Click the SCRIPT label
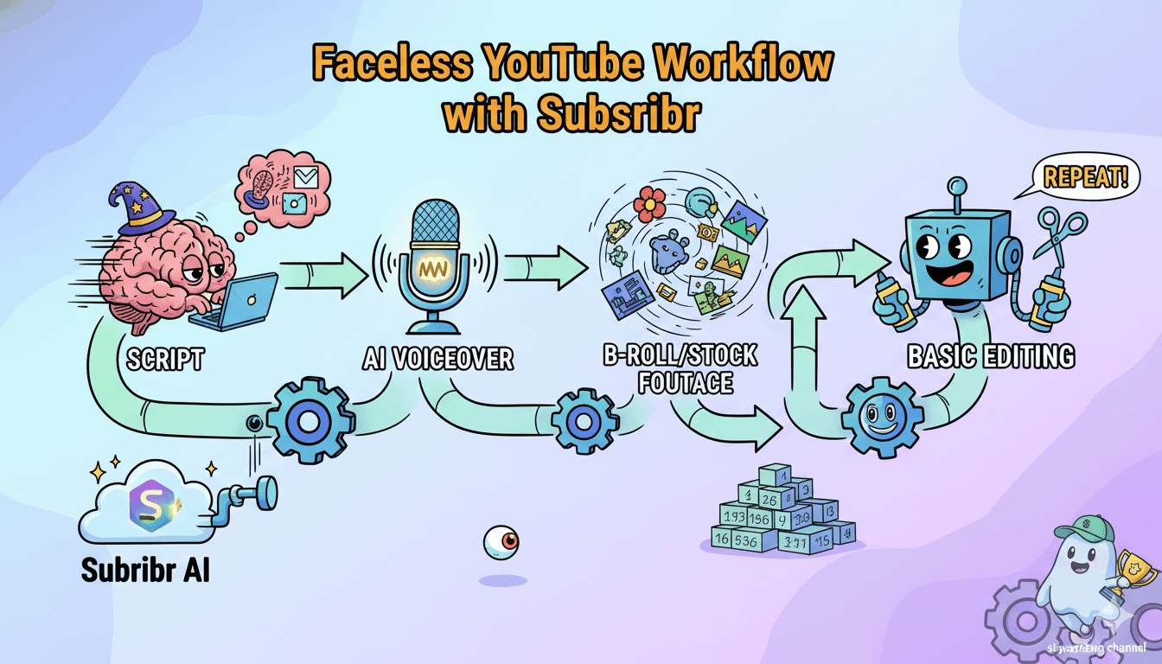click(164, 359)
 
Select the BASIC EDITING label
click(990, 355)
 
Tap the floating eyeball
click(501, 542)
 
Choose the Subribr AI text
click(144, 570)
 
